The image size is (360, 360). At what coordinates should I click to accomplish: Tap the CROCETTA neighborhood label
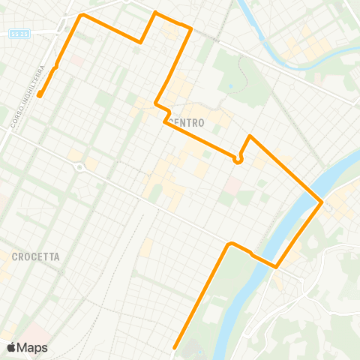click(x=35, y=256)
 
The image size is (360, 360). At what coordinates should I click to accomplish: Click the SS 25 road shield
click(x=19, y=33)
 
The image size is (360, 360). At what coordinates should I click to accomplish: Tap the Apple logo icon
click(x=11, y=347)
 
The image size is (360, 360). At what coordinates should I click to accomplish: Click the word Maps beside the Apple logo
click(x=32, y=347)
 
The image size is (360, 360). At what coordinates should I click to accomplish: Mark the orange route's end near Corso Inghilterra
click(x=39, y=95)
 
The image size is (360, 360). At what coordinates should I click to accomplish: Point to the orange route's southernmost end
click(x=175, y=347)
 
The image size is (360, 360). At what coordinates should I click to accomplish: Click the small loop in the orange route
click(x=238, y=159)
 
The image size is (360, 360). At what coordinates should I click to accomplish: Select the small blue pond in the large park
click(x=229, y=85)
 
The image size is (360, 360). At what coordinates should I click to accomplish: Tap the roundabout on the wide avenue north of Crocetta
click(x=79, y=167)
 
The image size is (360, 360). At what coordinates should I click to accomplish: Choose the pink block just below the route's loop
click(x=233, y=183)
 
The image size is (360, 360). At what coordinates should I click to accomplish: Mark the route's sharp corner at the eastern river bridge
click(x=322, y=202)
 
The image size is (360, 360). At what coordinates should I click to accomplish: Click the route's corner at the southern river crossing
click(x=276, y=266)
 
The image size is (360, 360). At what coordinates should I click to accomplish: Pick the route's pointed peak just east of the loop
click(x=250, y=137)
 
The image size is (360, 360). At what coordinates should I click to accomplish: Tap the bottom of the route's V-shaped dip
click(x=141, y=42)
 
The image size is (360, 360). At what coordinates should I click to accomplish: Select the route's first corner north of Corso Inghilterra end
click(x=56, y=67)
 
